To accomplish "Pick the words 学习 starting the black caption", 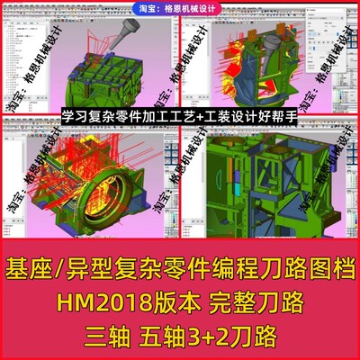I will [x=72, y=116].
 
